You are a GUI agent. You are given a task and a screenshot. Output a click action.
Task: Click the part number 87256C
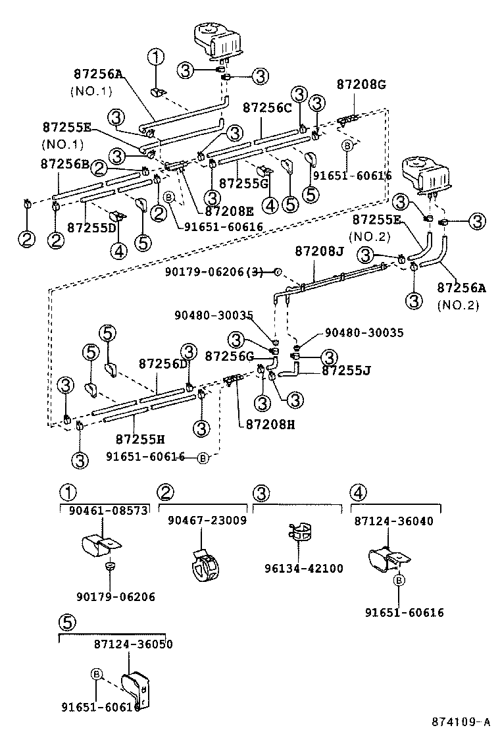[x=266, y=108]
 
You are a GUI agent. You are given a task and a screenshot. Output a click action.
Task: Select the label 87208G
[x=361, y=84]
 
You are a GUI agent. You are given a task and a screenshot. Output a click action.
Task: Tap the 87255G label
[x=243, y=182]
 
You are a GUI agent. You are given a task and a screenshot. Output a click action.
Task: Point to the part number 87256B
[x=64, y=163]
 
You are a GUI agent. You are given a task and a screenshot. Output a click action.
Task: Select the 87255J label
[x=346, y=371]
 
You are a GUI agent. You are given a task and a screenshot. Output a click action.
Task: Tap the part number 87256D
[x=163, y=364]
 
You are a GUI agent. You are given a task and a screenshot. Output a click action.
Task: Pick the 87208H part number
[x=270, y=425]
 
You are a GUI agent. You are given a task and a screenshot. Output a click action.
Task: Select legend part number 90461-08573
[x=107, y=510]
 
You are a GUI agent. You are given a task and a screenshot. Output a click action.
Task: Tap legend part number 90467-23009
[x=207, y=520]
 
